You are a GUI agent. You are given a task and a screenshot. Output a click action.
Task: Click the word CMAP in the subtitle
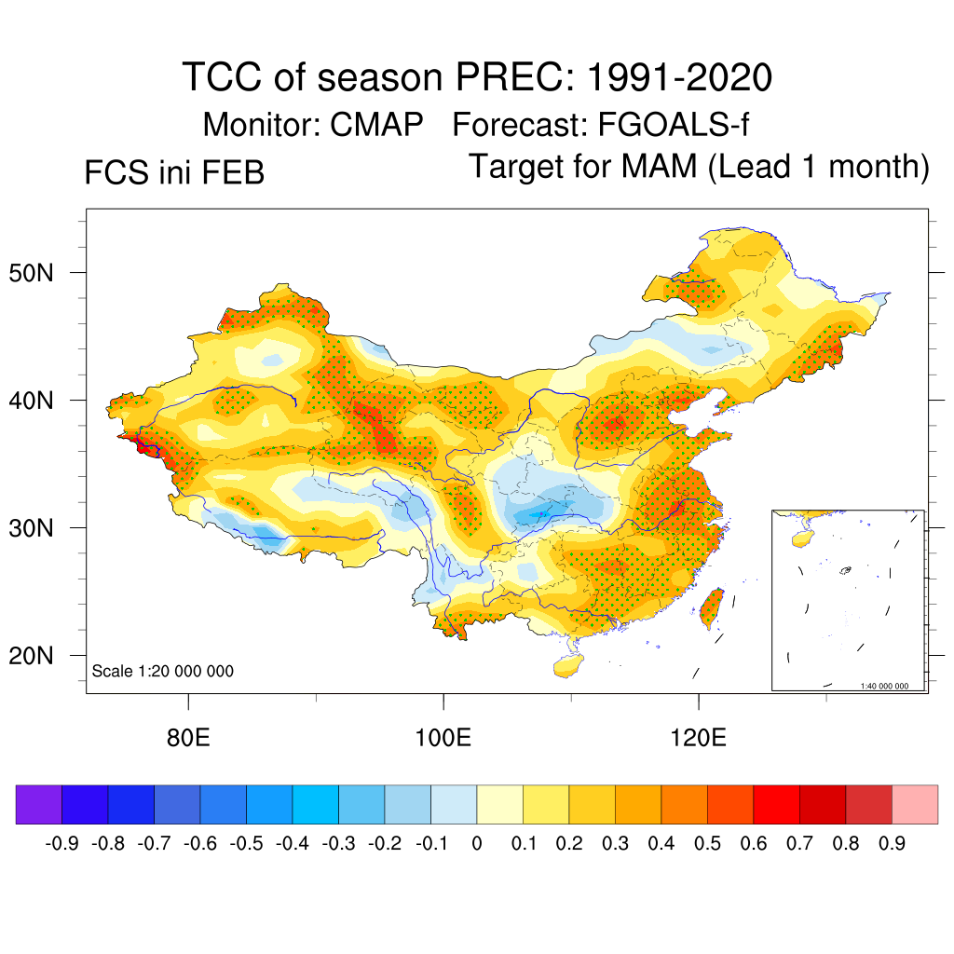[377, 124]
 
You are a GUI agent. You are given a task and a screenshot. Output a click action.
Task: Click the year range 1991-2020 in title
[678, 77]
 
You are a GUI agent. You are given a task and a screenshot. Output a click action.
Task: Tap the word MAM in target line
[658, 167]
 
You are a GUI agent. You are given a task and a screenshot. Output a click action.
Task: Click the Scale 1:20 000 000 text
[162, 672]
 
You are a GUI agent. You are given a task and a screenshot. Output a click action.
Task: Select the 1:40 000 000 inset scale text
[883, 686]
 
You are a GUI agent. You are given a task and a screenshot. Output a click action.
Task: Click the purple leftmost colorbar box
[38, 804]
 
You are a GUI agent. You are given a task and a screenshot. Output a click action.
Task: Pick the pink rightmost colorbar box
[915, 804]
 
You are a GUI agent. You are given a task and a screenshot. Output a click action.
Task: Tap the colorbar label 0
[477, 844]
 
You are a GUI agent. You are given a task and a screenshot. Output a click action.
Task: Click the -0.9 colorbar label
[61, 844]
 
